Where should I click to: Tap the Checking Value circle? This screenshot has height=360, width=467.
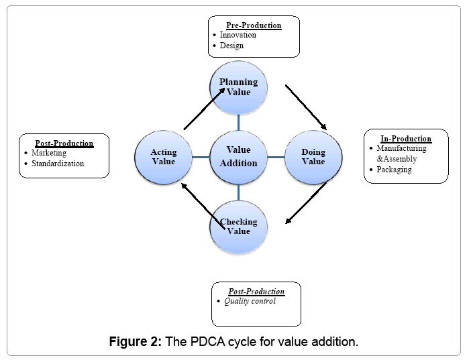click(239, 227)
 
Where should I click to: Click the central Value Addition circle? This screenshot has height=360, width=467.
click(239, 157)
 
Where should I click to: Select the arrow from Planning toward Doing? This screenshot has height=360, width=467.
click(306, 107)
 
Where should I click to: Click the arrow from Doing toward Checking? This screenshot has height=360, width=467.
click(306, 202)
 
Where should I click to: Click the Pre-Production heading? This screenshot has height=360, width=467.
click(254, 25)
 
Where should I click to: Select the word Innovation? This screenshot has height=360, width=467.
click(238, 35)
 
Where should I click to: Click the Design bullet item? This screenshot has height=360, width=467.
click(231, 46)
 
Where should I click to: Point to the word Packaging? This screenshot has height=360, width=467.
click(394, 170)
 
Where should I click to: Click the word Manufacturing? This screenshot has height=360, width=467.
click(401, 148)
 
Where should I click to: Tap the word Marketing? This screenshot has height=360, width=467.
click(49, 153)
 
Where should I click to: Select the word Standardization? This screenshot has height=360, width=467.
click(58, 164)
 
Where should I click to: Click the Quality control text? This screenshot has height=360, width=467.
click(250, 302)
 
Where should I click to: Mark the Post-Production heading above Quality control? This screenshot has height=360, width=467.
click(256, 292)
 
